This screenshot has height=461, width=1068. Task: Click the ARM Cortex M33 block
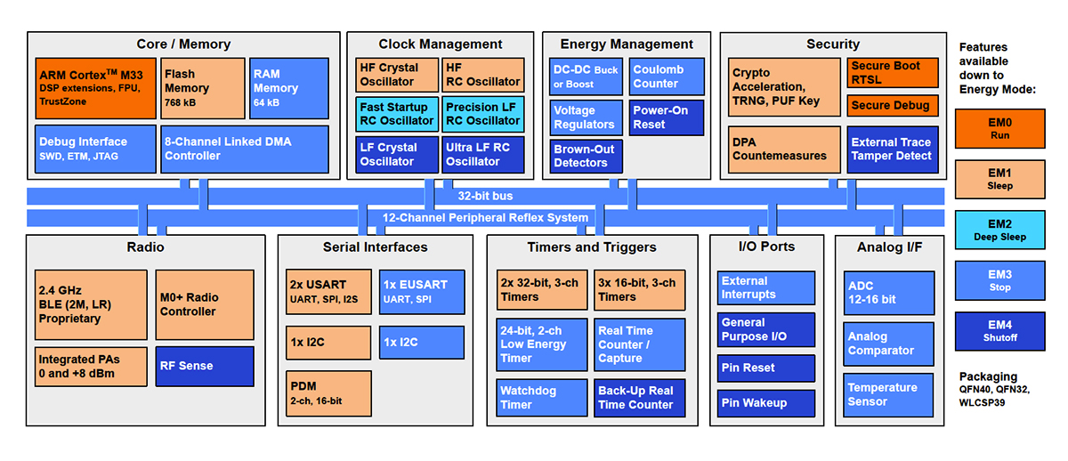[95, 88]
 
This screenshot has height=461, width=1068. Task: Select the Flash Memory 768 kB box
[202, 88]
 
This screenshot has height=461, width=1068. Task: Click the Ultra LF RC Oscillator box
[482, 154]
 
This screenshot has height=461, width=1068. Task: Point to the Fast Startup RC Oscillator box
[396, 114]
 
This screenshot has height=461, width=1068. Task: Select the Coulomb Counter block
[667, 77]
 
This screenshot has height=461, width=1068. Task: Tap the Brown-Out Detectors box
[586, 156]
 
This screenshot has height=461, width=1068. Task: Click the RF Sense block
[204, 365]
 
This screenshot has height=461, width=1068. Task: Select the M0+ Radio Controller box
[204, 304]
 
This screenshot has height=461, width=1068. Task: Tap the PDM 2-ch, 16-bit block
[328, 393]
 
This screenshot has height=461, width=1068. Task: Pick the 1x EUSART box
[422, 291]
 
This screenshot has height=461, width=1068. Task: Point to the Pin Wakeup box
[765, 403]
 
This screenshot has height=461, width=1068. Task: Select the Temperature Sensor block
[889, 394]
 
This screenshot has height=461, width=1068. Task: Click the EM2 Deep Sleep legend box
[999, 229]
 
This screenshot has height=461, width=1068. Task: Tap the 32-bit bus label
[485, 196]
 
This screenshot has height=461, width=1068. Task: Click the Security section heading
[832, 44]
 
